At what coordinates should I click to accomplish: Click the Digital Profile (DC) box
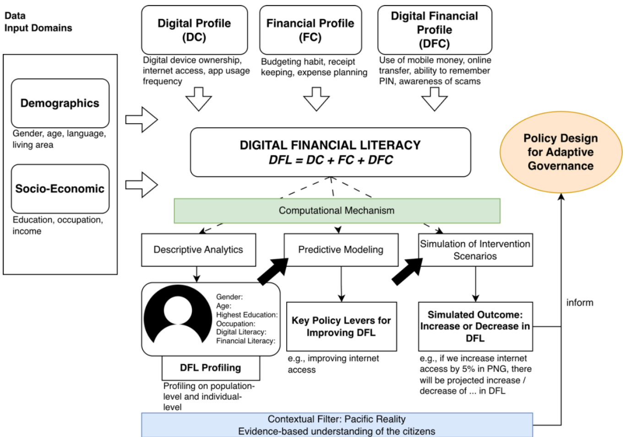click(x=194, y=30)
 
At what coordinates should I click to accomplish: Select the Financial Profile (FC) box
click(x=310, y=30)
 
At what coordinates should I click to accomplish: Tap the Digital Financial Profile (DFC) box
click(x=435, y=30)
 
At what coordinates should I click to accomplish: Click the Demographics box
click(x=60, y=103)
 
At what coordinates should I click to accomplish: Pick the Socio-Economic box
click(x=60, y=189)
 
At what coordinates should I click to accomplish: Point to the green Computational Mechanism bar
click(x=337, y=211)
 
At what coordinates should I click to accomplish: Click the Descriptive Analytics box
click(x=198, y=250)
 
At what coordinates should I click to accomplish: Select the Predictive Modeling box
click(x=341, y=250)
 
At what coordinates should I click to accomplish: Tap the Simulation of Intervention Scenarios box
click(x=475, y=250)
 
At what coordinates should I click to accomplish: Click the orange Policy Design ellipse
click(x=560, y=152)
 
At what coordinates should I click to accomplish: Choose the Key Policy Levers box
click(x=341, y=326)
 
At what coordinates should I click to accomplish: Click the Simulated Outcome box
click(x=475, y=326)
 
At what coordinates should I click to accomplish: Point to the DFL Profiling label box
click(x=211, y=368)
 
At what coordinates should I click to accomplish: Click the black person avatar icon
click(x=178, y=314)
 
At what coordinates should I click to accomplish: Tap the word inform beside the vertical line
click(x=580, y=303)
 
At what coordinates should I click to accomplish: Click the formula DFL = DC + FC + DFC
click(x=331, y=160)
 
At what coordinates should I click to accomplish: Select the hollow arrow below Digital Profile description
click(x=198, y=98)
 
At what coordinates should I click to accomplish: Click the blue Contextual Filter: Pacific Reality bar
click(x=337, y=425)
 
